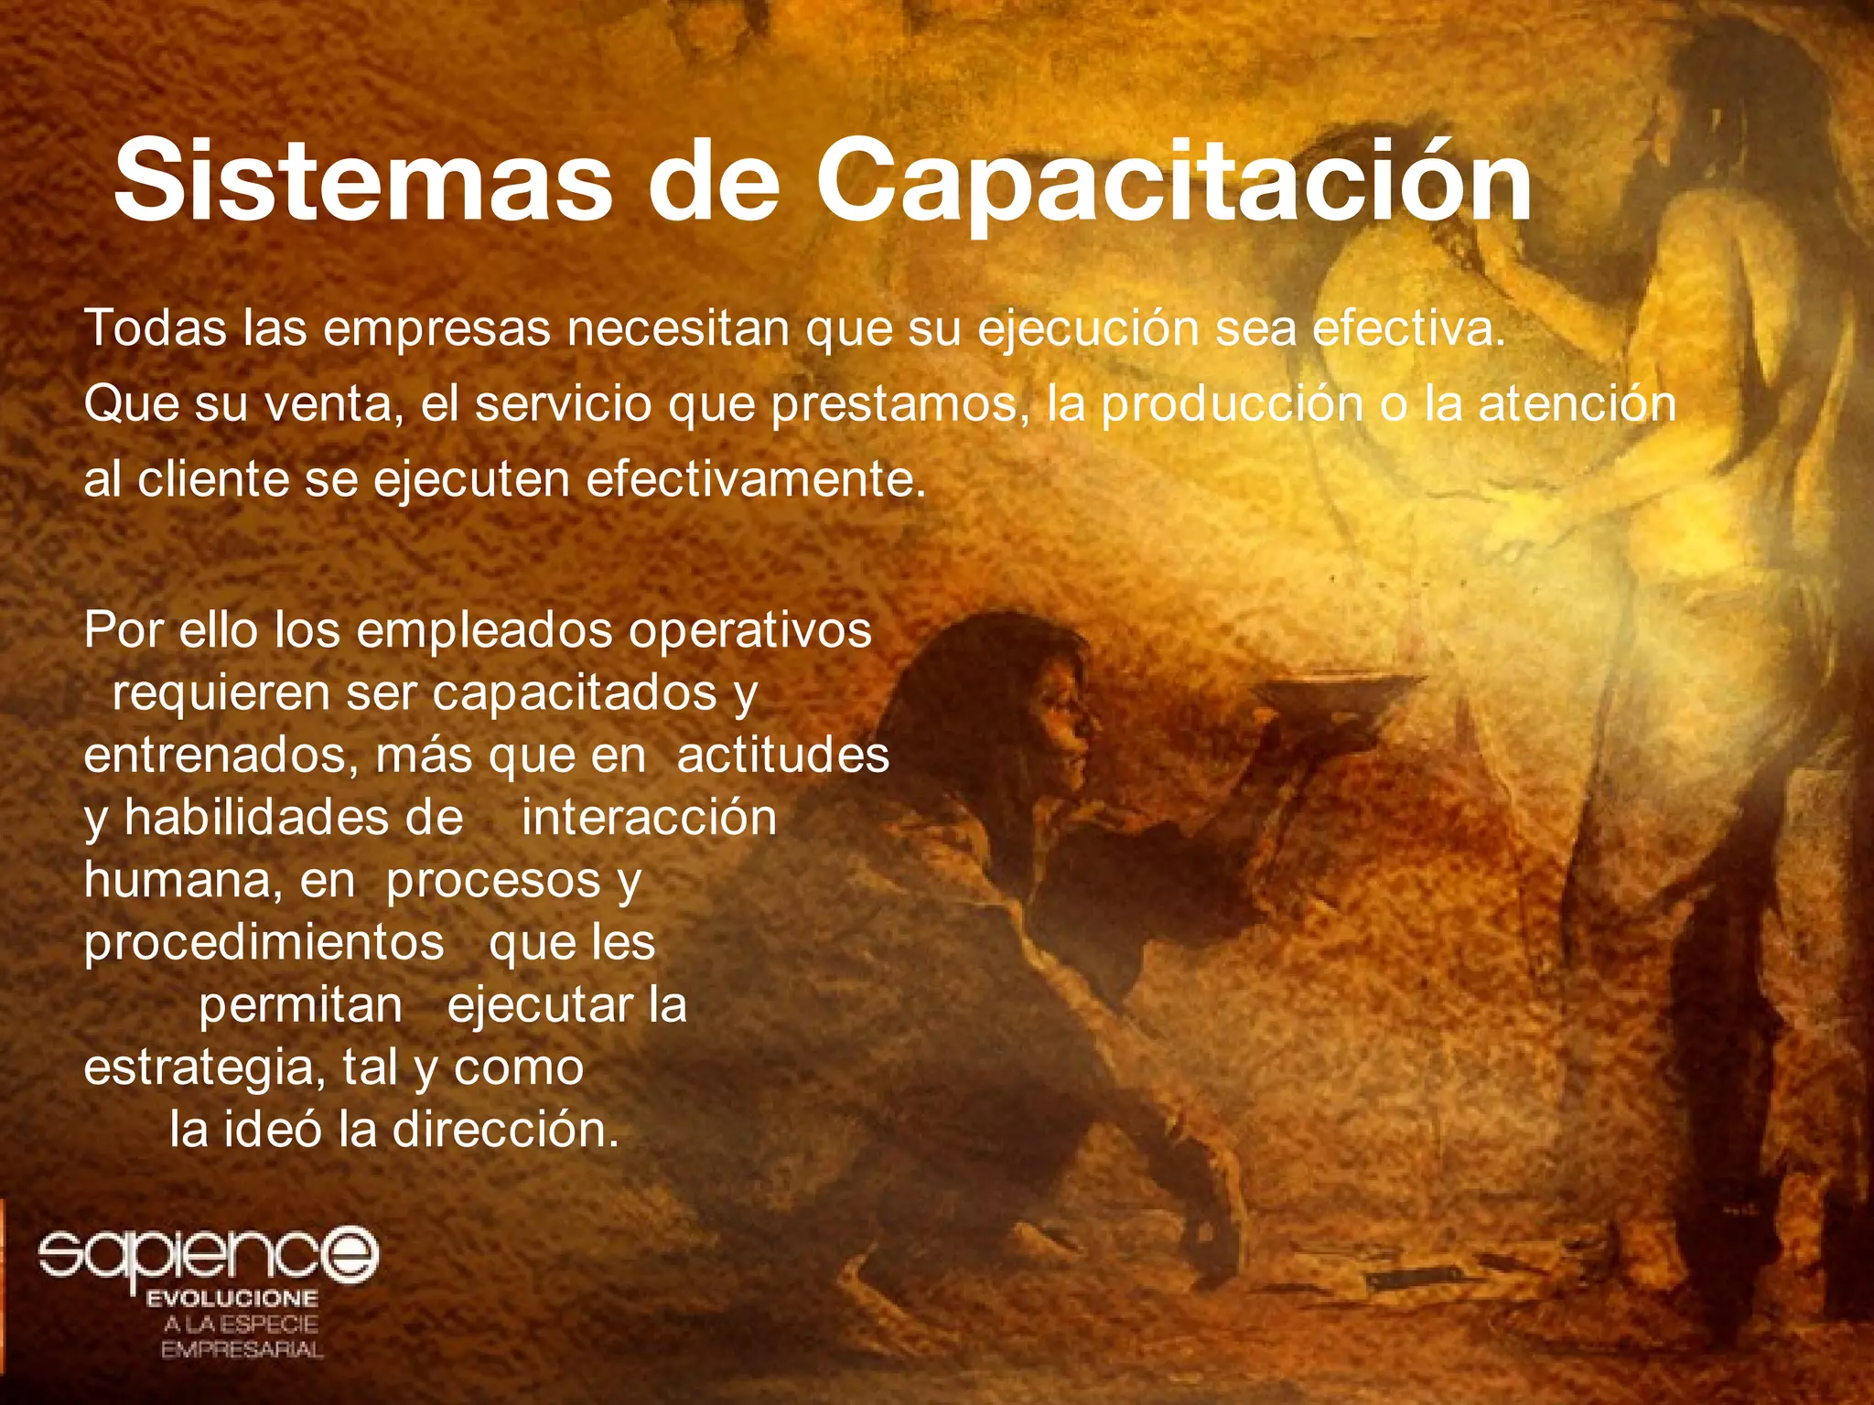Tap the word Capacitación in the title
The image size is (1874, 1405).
[1173, 180]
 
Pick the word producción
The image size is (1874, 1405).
[1232, 405]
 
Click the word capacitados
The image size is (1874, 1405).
[575, 692]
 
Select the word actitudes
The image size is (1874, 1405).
[783, 756]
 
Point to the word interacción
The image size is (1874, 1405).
[649, 817]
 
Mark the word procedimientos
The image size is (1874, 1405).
[264, 943]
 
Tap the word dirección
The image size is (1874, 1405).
[505, 1131]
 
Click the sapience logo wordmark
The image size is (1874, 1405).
[208, 1253]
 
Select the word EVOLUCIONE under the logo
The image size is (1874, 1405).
[232, 1299]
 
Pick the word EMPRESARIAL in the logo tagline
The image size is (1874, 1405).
[242, 1350]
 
